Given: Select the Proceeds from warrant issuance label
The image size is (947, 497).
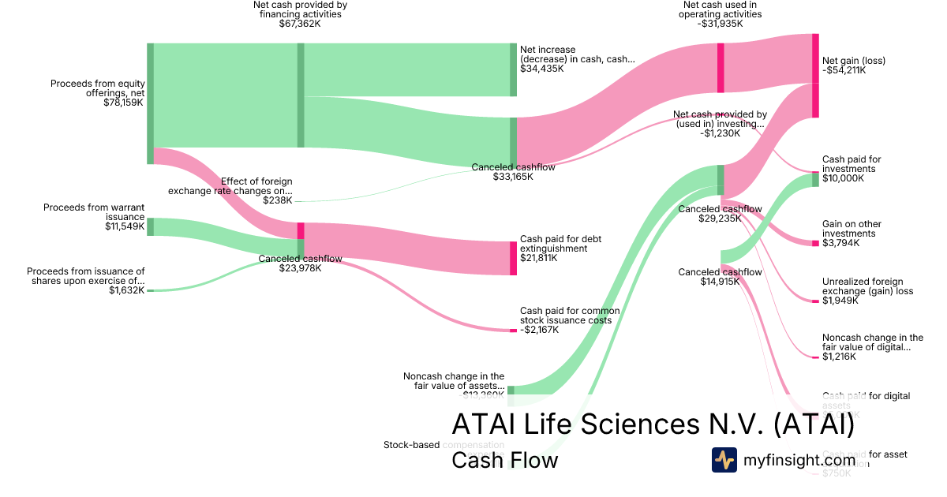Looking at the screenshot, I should click(x=94, y=212).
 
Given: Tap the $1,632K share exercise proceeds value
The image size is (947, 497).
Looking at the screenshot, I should click(x=127, y=290).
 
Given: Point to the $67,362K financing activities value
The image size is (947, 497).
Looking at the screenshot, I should click(x=300, y=24).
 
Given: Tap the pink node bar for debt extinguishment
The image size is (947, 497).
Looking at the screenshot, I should click(x=513, y=258).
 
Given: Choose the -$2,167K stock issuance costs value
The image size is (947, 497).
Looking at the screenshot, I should click(x=540, y=330).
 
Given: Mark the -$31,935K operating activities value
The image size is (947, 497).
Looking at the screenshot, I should click(x=721, y=24).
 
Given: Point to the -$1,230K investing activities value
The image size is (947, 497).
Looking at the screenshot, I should click(x=720, y=133).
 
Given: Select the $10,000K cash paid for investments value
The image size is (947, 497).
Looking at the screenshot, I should click(x=843, y=178).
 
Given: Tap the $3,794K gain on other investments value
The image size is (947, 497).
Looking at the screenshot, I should click(x=840, y=243).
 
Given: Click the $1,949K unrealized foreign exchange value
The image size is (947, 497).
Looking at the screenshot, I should click(x=840, y=301).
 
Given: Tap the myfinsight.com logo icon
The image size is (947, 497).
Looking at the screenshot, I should click(x=724, y=459).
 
